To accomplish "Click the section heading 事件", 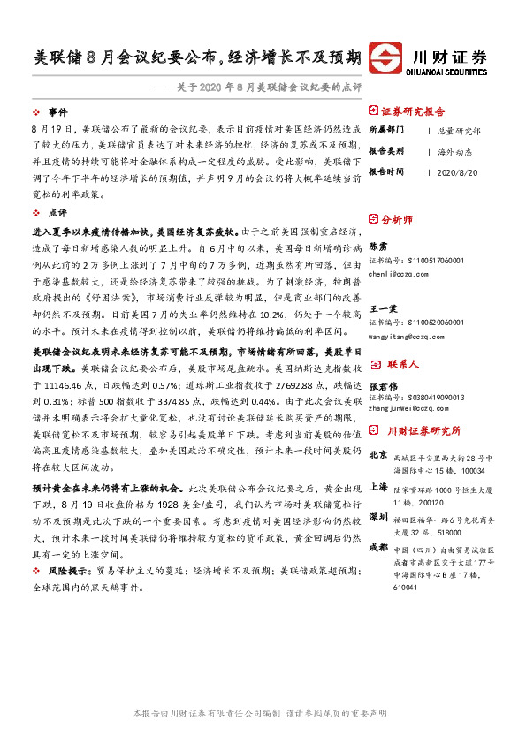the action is coord(57,113).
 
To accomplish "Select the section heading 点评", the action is coord(57,213).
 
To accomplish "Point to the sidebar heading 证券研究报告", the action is coord(413,112).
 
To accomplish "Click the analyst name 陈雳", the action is coord(377,248).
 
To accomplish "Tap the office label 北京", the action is coord(377,455).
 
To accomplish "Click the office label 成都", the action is coord(377,547).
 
